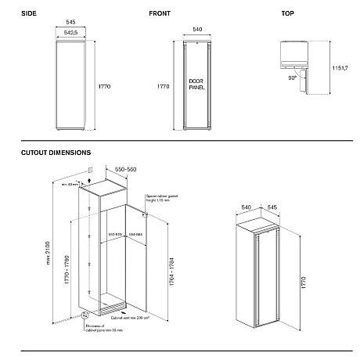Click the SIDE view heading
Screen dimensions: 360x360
(31, 14)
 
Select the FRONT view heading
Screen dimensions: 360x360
(160, 14)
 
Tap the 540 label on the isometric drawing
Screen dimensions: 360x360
(245, 207)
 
